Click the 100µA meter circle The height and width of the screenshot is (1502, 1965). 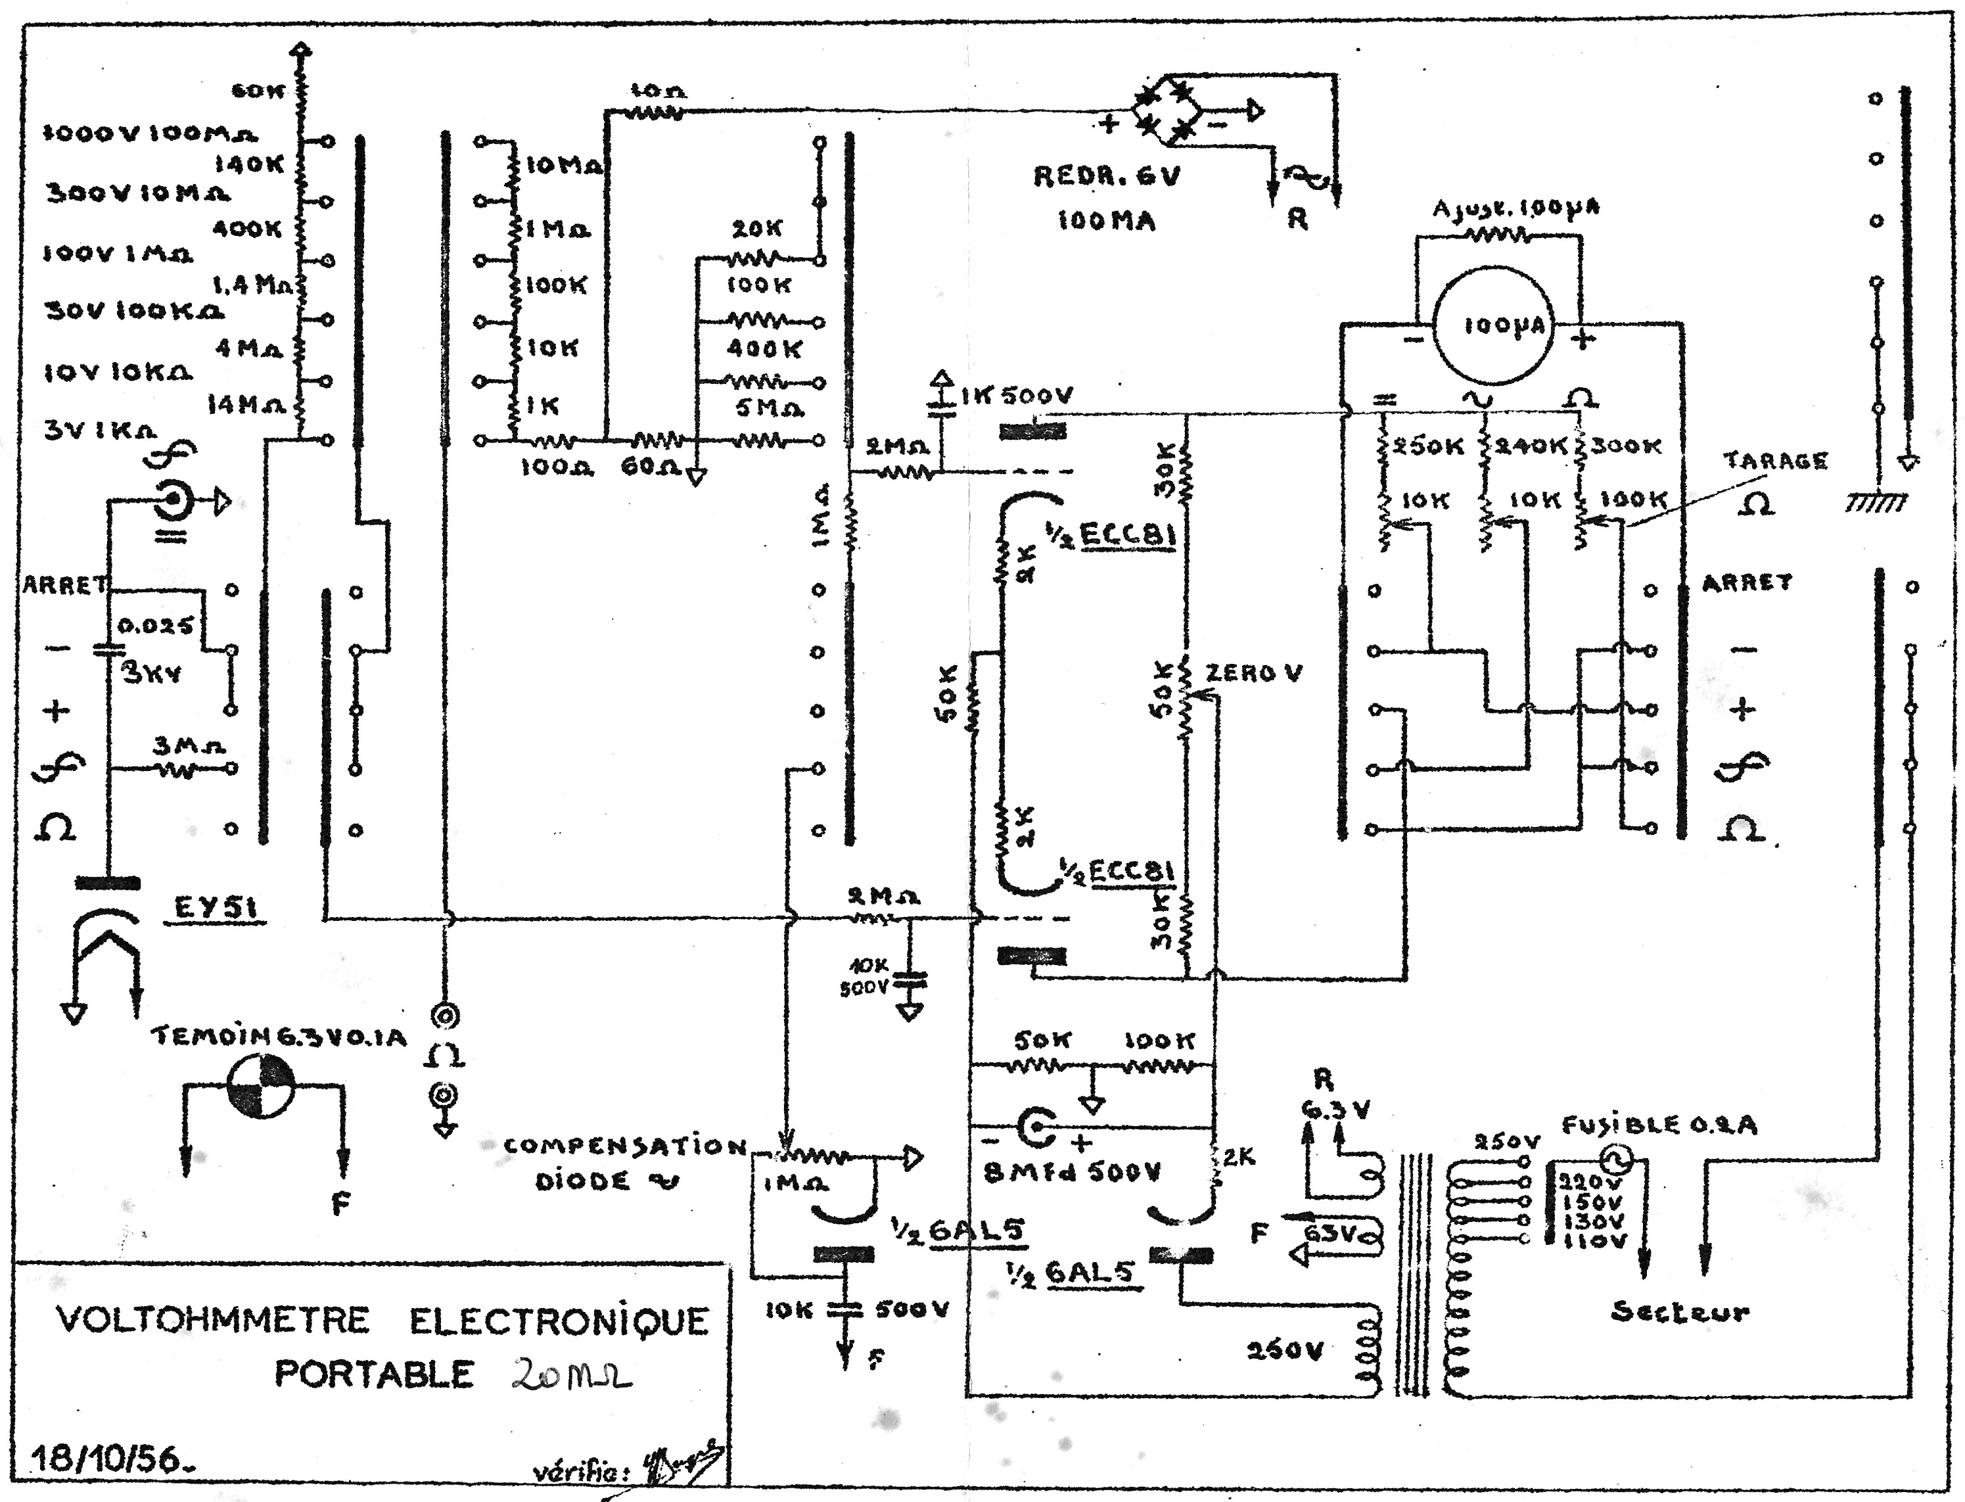(1494, 325)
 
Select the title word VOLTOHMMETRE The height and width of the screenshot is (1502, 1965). (213, 1321)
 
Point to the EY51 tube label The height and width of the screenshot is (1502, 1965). (214, 908)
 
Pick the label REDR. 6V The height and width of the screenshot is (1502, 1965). (1107, 176)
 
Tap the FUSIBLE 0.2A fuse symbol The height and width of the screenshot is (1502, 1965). (1615, 1160)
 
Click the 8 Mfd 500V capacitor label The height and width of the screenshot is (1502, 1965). (1071, 1172)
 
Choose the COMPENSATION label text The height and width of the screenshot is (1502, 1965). (624, 1146)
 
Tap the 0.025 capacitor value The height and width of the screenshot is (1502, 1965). (156, 626)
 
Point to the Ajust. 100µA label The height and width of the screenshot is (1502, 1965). (1516, 208)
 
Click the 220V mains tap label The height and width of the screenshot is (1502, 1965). (1592, 1181)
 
